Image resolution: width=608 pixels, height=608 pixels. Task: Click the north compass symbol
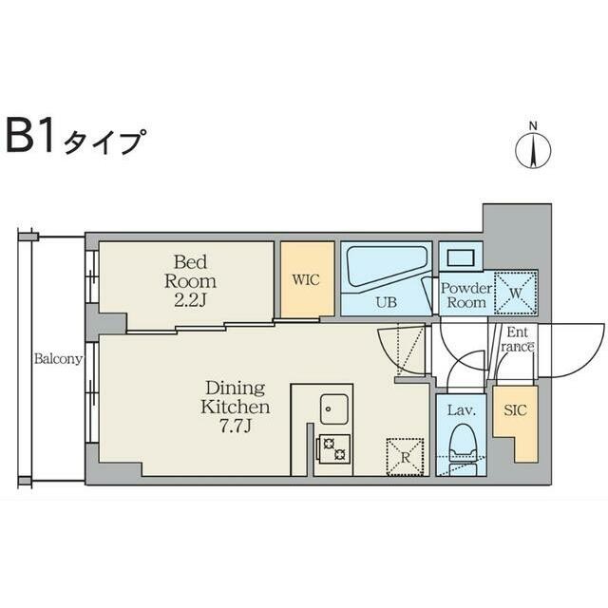[534, 149]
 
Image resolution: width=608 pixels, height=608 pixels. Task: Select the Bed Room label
[190, 271]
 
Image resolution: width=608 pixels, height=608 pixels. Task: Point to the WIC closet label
[306, 281]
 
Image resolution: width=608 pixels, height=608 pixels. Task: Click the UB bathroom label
[386, 303]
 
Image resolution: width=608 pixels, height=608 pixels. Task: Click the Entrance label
[519, 339]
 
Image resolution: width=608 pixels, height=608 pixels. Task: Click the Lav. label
[461, 412]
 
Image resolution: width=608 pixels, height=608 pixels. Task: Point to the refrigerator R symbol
[404, 454]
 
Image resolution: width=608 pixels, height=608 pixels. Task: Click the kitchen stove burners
[334, 447]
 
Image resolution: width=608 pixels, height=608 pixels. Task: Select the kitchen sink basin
[334, 409]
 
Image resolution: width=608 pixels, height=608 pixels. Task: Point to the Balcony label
[58, 359]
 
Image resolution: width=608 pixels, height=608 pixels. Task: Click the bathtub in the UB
[385, 267]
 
